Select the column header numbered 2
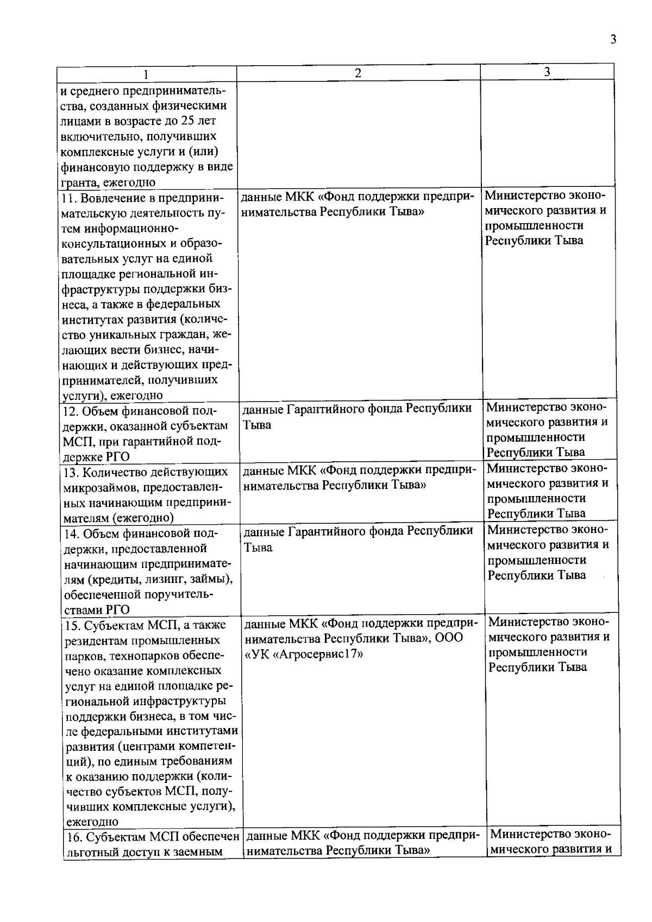pos(358,73)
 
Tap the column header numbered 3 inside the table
pos(547,72)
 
